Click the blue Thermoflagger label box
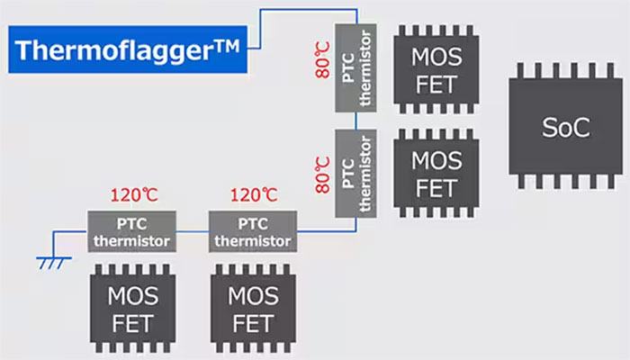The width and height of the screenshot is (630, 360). click(x=126, y=49)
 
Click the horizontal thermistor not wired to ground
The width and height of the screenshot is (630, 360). click(x=252, y=231)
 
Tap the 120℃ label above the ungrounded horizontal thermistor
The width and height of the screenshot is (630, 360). click(x=253, y=194)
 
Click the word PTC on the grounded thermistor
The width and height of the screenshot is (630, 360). click(x=131, y=221)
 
